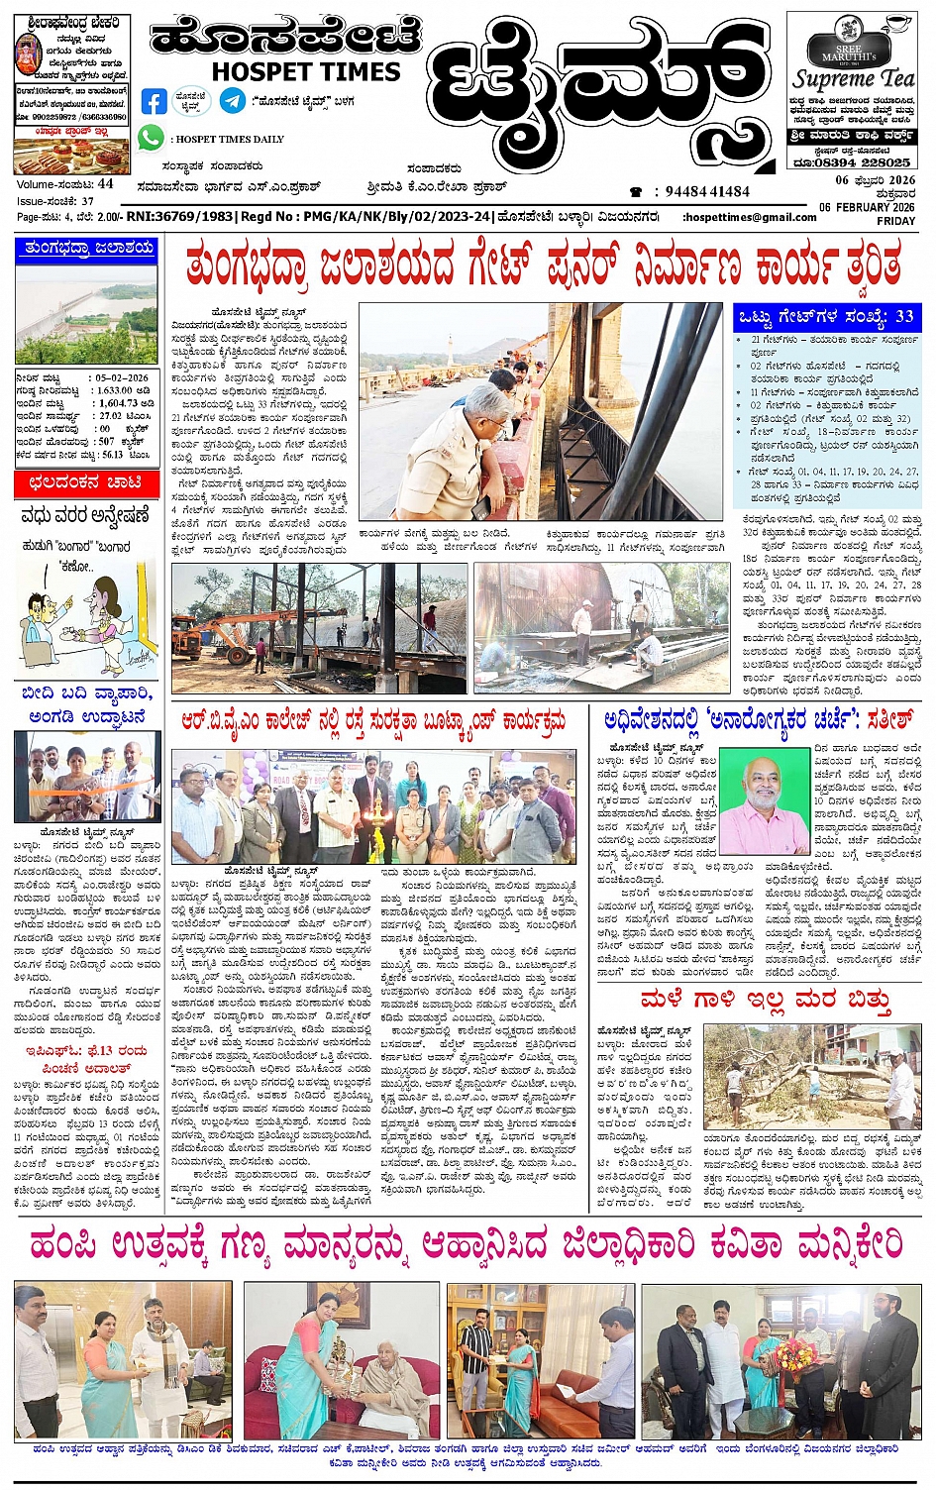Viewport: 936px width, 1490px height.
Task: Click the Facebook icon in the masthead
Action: (154, 101)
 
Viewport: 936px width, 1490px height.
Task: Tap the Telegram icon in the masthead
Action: (233, 101)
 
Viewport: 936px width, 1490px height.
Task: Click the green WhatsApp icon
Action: (151, 139)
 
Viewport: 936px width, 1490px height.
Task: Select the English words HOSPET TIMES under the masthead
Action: (306, 72)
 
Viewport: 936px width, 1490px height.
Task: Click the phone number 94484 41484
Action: (707, 192)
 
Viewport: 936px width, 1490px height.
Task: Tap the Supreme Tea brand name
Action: (854, 78)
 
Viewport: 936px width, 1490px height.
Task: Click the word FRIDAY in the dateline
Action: (895, 221)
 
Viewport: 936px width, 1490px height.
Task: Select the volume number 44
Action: (106, 184)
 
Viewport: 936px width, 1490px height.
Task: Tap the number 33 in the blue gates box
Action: (903, 317)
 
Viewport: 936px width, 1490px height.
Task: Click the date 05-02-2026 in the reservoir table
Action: (123, 378)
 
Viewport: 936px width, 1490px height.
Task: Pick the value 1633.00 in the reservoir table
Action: (115, 390)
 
